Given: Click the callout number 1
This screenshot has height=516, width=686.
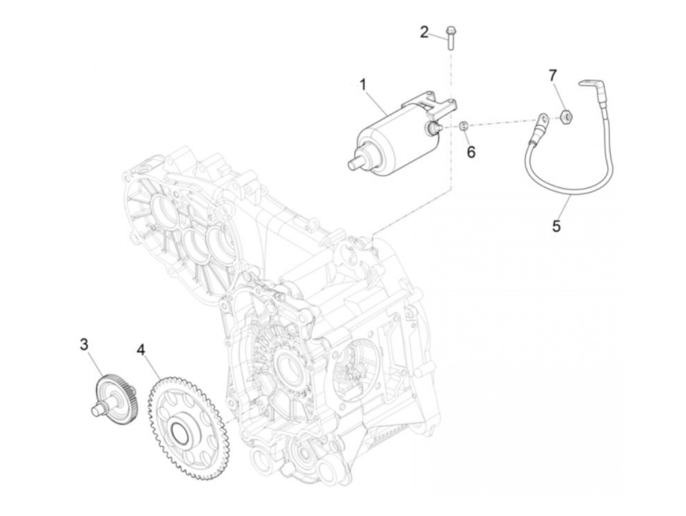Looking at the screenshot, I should pyautogui.click(x=363, y=85).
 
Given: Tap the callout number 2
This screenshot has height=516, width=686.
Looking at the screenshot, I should pyautogui.click(x=424, y=32).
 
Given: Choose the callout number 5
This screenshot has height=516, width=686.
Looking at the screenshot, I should pyautogui.click(x=556, y=226).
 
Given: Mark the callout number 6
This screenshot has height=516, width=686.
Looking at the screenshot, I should pyautogui.click(x=471, y=152).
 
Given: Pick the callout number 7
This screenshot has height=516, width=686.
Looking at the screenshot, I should pyautogui.click(x=553, y=76).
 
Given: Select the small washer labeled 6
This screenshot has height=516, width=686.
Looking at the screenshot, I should pyautogui.click(x=464, y=127).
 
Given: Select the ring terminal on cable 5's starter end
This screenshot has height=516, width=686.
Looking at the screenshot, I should pyautogui.click(x=542, y=119).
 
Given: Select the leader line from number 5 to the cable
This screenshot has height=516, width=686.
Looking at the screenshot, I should pyautogui.click(x=563, y=208).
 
